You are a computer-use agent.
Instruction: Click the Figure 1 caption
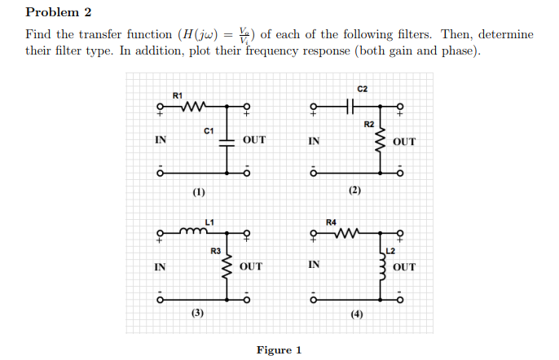[x=279, y=350]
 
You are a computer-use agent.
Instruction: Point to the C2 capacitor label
[x=363, y=88]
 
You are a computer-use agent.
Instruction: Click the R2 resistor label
[x=368, y=125]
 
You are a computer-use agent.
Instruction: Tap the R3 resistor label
[x=215, y=250]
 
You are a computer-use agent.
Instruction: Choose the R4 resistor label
[x=330, y=222]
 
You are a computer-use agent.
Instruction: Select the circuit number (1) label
[x=199, y=192]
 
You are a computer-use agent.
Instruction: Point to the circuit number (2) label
[x=354, y=191]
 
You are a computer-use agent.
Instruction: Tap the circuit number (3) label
[x=197, y=313]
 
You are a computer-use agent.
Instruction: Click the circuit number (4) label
[x=357, y=314]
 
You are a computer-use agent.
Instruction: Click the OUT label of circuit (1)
[x=254, y=140]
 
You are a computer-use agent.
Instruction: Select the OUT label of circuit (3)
[x=251, y=266]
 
